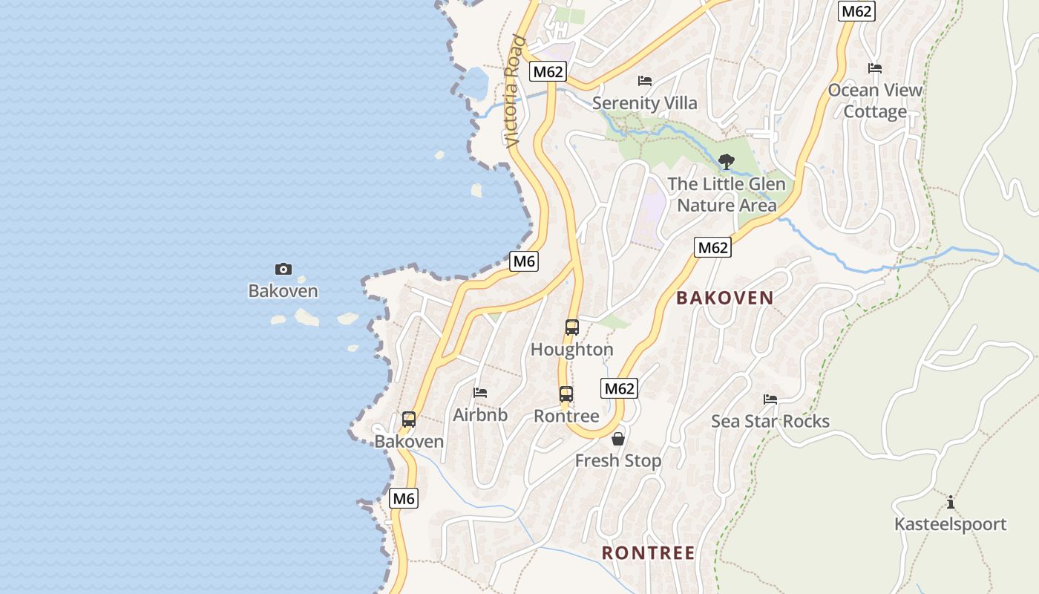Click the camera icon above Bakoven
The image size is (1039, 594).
283,269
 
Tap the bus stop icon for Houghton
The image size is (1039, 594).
571,327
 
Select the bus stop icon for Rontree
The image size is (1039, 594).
566,394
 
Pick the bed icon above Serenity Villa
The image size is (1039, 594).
645,80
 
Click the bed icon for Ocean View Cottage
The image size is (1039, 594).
875,68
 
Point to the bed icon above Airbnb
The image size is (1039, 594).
480,392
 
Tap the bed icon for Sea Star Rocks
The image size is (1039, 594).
770,399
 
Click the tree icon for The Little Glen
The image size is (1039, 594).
727,161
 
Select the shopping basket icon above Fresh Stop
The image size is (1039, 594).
617,439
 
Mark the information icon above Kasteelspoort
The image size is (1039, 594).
950,502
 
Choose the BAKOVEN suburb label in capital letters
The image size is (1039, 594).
724,298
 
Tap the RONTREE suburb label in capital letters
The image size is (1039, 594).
648,553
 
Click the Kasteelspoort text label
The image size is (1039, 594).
950,524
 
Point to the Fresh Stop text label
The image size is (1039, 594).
617,461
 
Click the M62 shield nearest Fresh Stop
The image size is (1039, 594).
620,388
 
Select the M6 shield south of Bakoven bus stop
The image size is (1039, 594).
404,498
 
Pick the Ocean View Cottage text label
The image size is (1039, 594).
875,101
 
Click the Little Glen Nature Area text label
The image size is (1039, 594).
727,195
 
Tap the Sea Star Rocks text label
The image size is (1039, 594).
770,421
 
